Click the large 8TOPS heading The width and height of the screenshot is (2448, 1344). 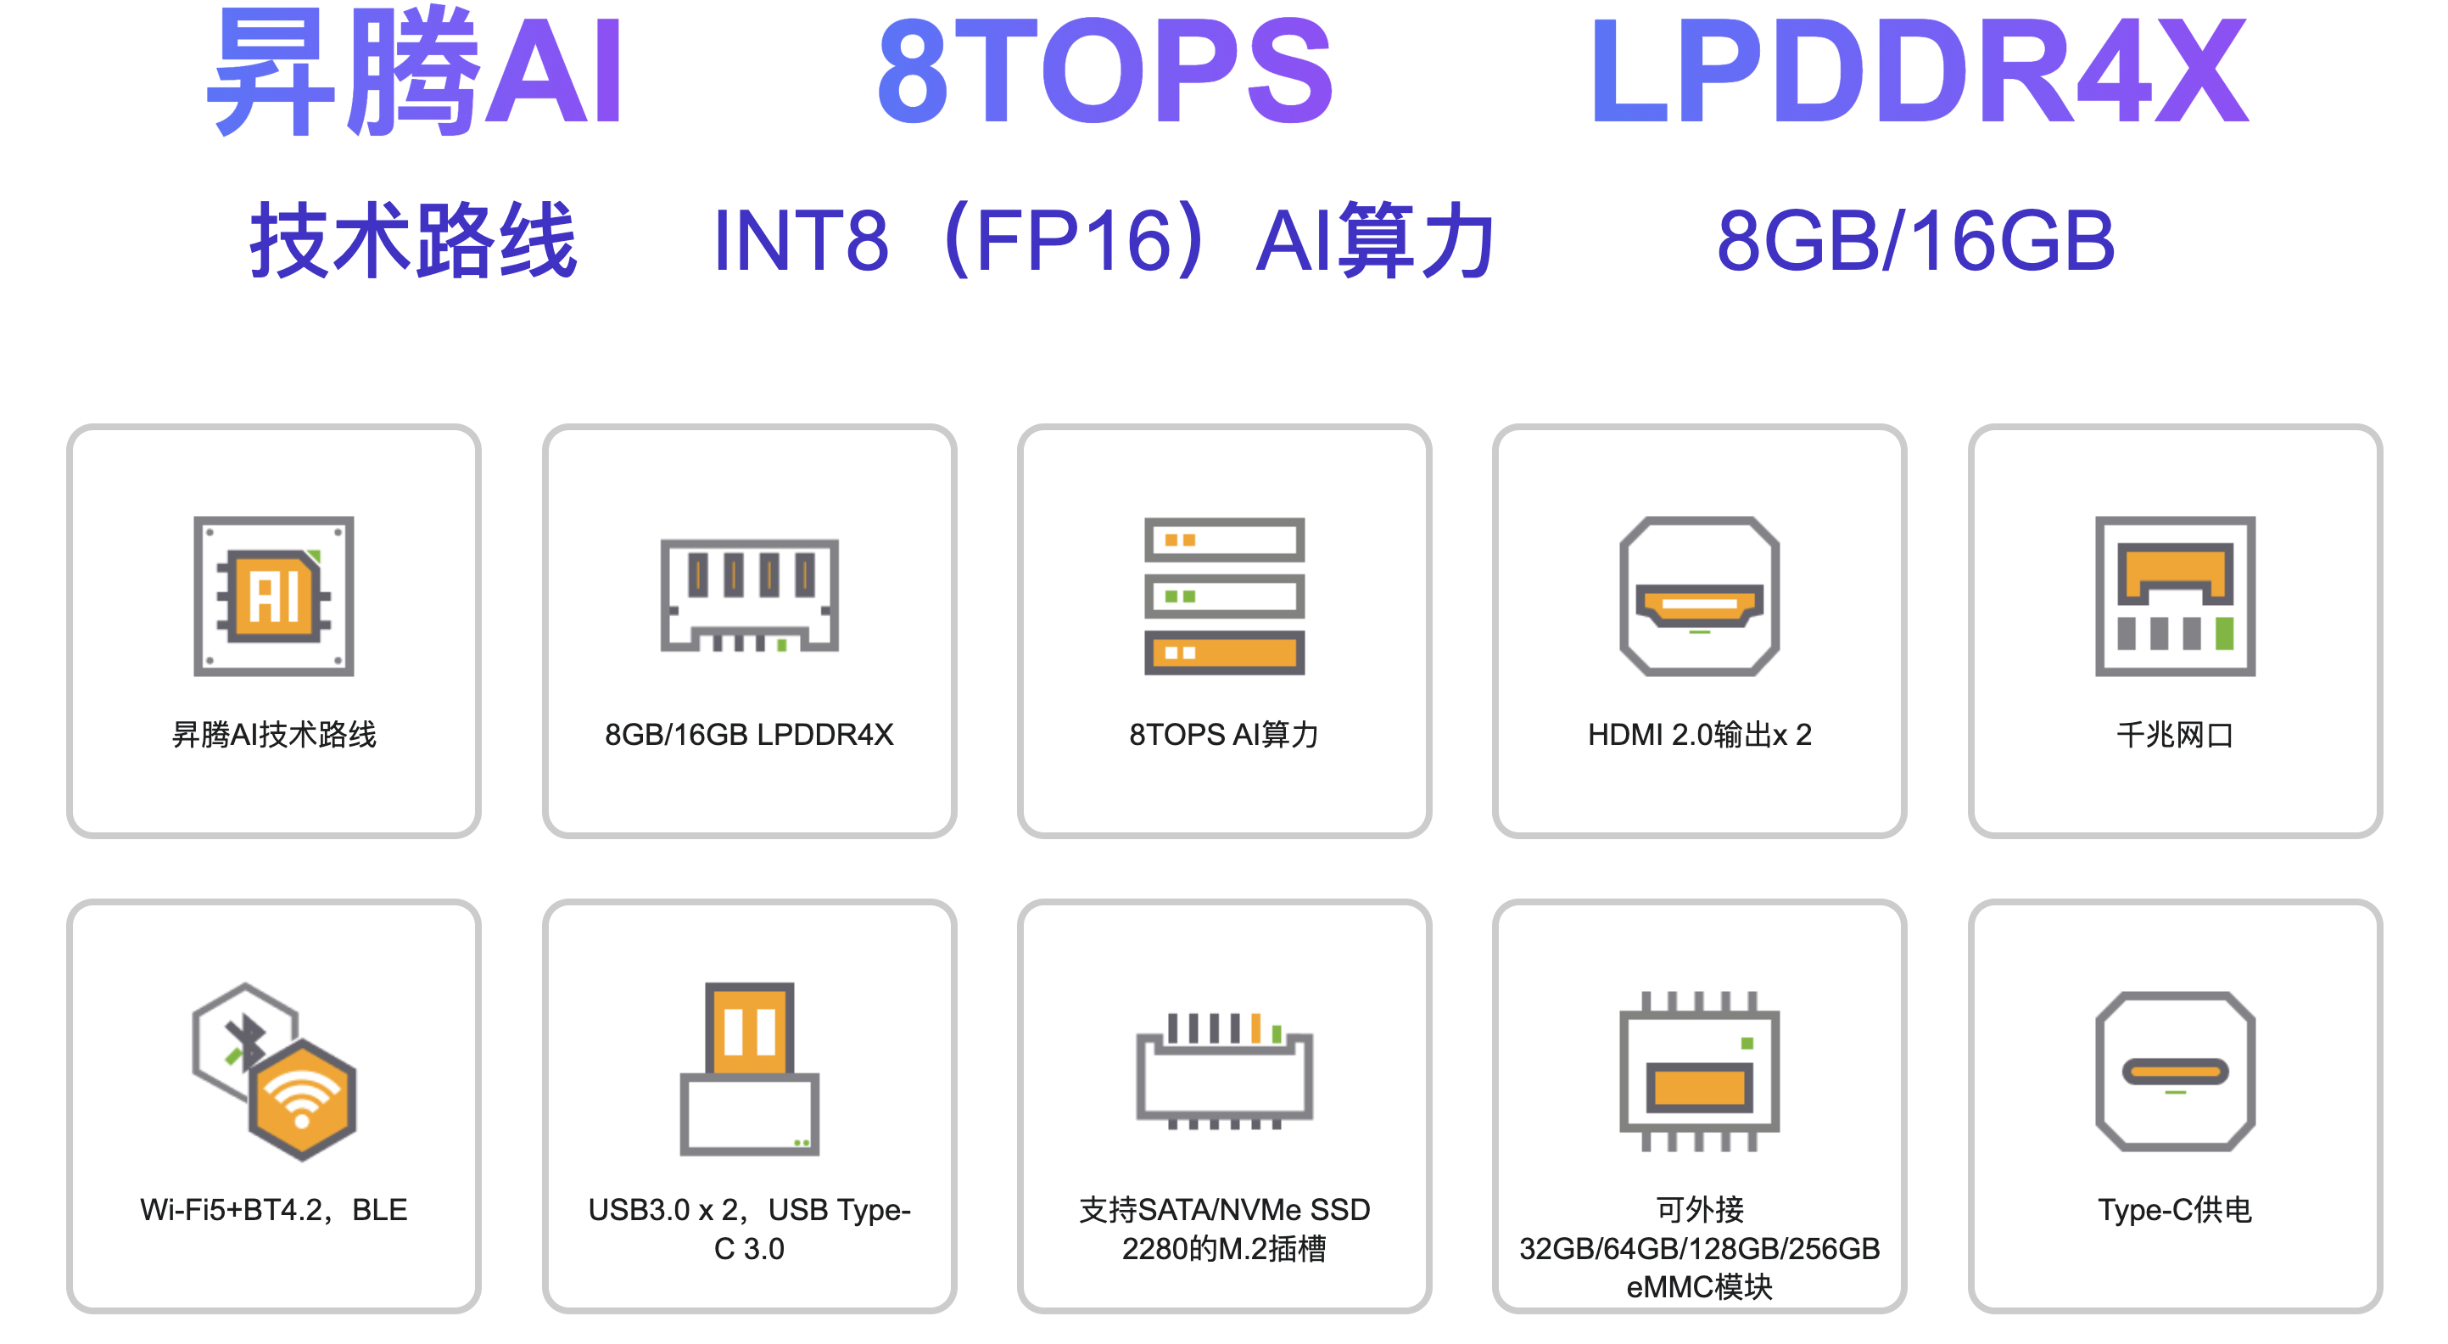[1104, 72]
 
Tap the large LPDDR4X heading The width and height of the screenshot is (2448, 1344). [1918, 72]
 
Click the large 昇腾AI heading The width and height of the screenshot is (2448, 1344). [416, 72]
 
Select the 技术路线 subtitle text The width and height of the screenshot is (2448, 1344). [413, 240]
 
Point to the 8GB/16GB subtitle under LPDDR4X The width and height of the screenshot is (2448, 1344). [1916, 240]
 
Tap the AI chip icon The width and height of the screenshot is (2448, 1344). [274, 596]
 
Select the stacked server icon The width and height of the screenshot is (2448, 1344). [1224, 596]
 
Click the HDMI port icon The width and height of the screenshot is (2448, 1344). [1699, 596]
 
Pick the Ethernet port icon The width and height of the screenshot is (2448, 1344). [2174, 596]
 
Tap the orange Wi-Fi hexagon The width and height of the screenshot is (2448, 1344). [302, 1100]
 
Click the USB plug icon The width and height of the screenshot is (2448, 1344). [749, 1068]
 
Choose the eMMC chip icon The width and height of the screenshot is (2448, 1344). [1699, 1071]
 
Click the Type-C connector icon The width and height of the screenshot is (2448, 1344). [2174, 1071]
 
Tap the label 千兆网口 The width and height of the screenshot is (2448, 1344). [2174, 735]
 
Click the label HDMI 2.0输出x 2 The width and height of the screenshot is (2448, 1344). [1699, 735]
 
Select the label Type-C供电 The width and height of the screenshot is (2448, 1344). [2174, 1210]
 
